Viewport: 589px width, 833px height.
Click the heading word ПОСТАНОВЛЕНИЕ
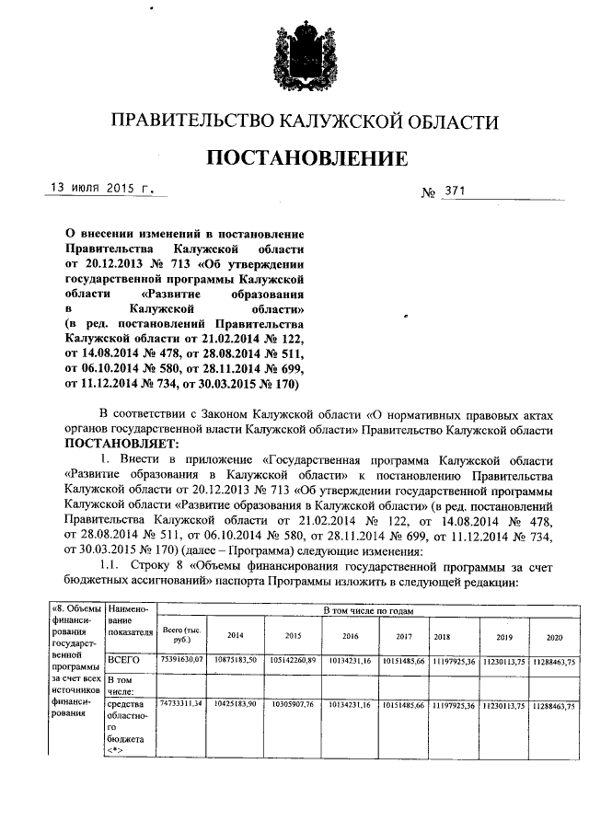(x=307, y=158)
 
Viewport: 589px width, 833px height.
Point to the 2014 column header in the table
(x=236, y=635)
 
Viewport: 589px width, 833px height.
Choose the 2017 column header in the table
(x=403, y=635)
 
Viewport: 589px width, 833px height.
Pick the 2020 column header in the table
(x=554, y=636)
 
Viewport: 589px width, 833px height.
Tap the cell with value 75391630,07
(x=181, y=660)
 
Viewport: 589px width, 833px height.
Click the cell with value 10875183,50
(x=236, y=660)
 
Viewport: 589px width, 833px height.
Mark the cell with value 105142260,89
(x=293, y=660)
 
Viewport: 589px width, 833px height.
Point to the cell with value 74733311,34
(x=181, y=703)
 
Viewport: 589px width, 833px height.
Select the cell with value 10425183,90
(x=236, y=703)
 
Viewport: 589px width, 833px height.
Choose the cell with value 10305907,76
(x=293, y=703)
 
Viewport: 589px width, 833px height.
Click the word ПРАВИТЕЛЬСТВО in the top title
(x=201, y=121)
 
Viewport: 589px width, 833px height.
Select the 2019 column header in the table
(x=503, y=636)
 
